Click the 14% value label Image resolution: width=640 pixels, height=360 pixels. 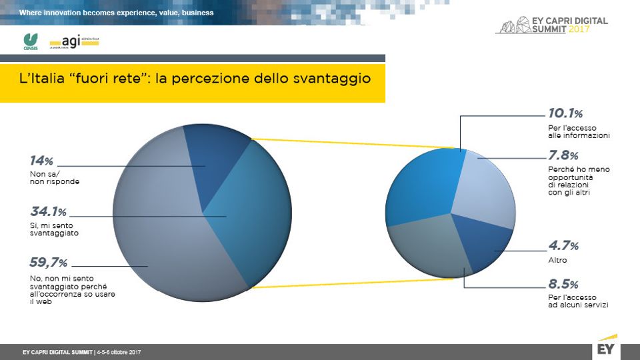click(41, 161)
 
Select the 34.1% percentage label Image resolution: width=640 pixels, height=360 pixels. click(47, 213)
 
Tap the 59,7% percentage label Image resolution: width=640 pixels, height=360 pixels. click(49, 263)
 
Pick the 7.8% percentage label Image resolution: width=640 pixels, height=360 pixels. click(563, 155)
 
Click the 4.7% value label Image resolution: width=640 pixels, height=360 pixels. click(563, 247)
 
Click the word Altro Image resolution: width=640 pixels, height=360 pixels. click(547, 260)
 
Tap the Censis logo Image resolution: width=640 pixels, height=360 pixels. click(30, 41)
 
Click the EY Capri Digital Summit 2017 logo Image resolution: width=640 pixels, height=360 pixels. click(553, 25)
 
